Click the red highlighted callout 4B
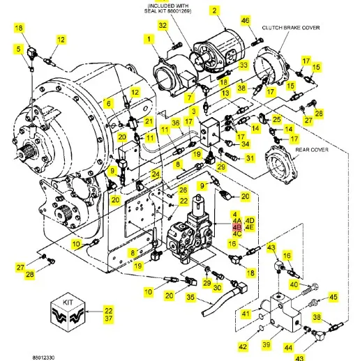click(237, 227)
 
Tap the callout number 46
click(246, 20)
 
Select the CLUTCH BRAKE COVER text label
click(291, 28)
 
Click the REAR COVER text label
click(312, 150)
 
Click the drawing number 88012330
click(43, 357)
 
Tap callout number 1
click(149, 39)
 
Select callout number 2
click(214, 10)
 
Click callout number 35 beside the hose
click(190, 297)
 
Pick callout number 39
click(267, 344)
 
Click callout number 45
click(333, 297)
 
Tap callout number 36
click(176, 123)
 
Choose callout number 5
click(18, 49)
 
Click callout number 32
click(163, 25)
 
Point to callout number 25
click(277, 119)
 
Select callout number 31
click(250, 158)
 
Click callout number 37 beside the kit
click(109, 318)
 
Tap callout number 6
click(109, 103)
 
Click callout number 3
click(194, 111)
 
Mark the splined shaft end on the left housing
click(22, 154)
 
